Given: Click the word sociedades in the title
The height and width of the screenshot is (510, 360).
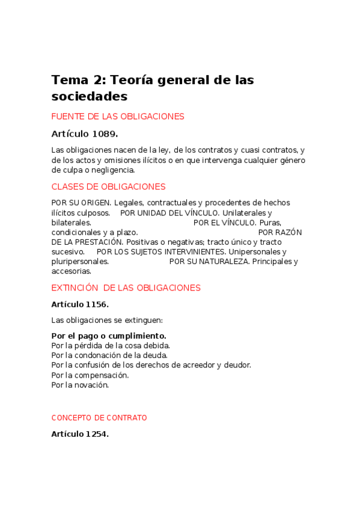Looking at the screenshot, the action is (x=90, y=96).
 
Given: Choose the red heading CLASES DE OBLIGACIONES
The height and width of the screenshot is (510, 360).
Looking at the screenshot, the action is (x=108, y=187).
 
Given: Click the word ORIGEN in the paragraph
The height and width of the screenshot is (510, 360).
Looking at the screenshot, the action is (x=96, y=203).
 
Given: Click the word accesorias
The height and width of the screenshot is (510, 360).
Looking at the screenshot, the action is (x=71, y=271).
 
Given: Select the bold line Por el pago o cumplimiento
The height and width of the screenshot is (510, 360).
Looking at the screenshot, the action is (x=109, y=336).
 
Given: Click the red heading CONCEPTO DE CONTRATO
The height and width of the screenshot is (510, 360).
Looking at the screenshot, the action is (x=99, y=418).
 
